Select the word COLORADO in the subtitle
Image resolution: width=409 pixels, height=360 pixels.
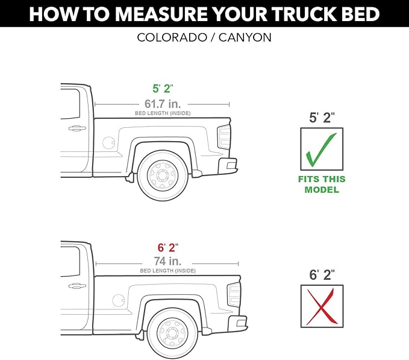[x=169, y=37]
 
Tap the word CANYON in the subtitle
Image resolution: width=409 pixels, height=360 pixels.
[x=246, y=37]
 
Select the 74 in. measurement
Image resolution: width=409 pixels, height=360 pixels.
[x=167, y=261]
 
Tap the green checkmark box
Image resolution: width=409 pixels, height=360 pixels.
[x=322, y=148]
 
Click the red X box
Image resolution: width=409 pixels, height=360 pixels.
[x=322, y=306]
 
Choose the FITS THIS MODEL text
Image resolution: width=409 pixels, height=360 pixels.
[x=322, y=184]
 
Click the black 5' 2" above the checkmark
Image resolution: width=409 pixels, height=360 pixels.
[x=322, y=118]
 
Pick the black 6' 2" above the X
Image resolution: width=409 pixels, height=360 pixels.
[x=322, y=276]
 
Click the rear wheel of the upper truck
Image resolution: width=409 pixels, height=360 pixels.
[x=163, y=175]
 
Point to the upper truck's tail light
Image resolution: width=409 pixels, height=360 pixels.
[x=224, y=137]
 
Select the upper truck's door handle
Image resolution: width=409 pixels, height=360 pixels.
[x=76, y=128]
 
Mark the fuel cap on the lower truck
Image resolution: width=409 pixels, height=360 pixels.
[x=118, y=300]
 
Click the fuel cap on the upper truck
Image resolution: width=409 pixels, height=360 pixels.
[x=108, y=143]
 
